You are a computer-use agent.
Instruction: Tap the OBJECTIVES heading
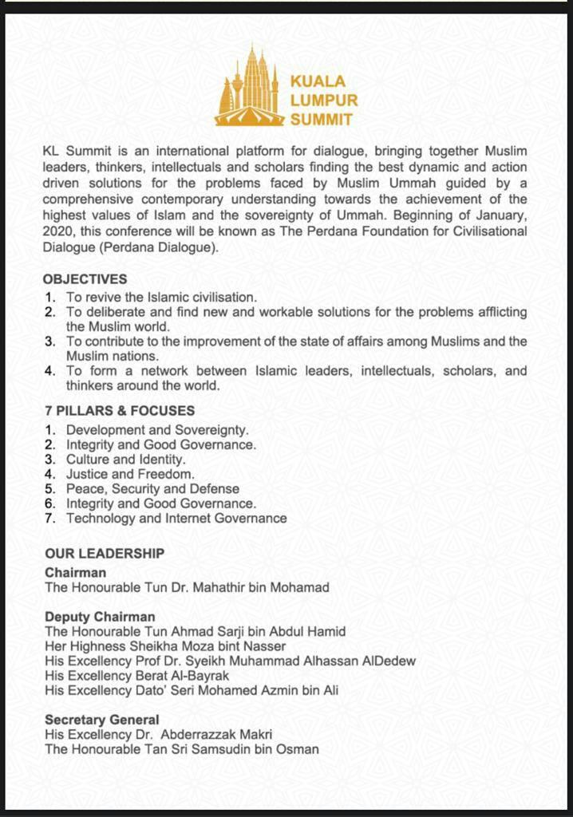point(85,279)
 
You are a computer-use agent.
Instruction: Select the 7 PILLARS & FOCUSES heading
point(120,411)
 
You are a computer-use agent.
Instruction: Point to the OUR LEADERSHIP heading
point(105,553)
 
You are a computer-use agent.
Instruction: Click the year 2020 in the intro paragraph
point(59,231)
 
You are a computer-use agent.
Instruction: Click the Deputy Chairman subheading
point(100,617)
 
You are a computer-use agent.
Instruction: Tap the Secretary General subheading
point(102,720)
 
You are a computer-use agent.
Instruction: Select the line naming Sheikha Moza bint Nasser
point(165,646)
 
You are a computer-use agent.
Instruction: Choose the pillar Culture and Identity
point(125,460)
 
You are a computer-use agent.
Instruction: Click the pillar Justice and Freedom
point(130,474)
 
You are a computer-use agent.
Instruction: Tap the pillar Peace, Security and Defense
point(152,488)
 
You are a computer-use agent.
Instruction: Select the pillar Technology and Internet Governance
point(176,518)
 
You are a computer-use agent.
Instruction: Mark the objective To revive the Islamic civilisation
point(161,297)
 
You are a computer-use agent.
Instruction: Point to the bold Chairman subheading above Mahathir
point(75,573)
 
